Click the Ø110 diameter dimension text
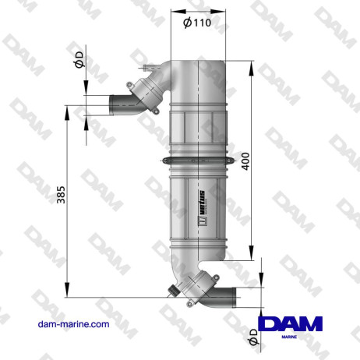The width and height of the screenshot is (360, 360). pos(197,23)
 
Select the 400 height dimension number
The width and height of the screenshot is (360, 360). pos(246,161)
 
